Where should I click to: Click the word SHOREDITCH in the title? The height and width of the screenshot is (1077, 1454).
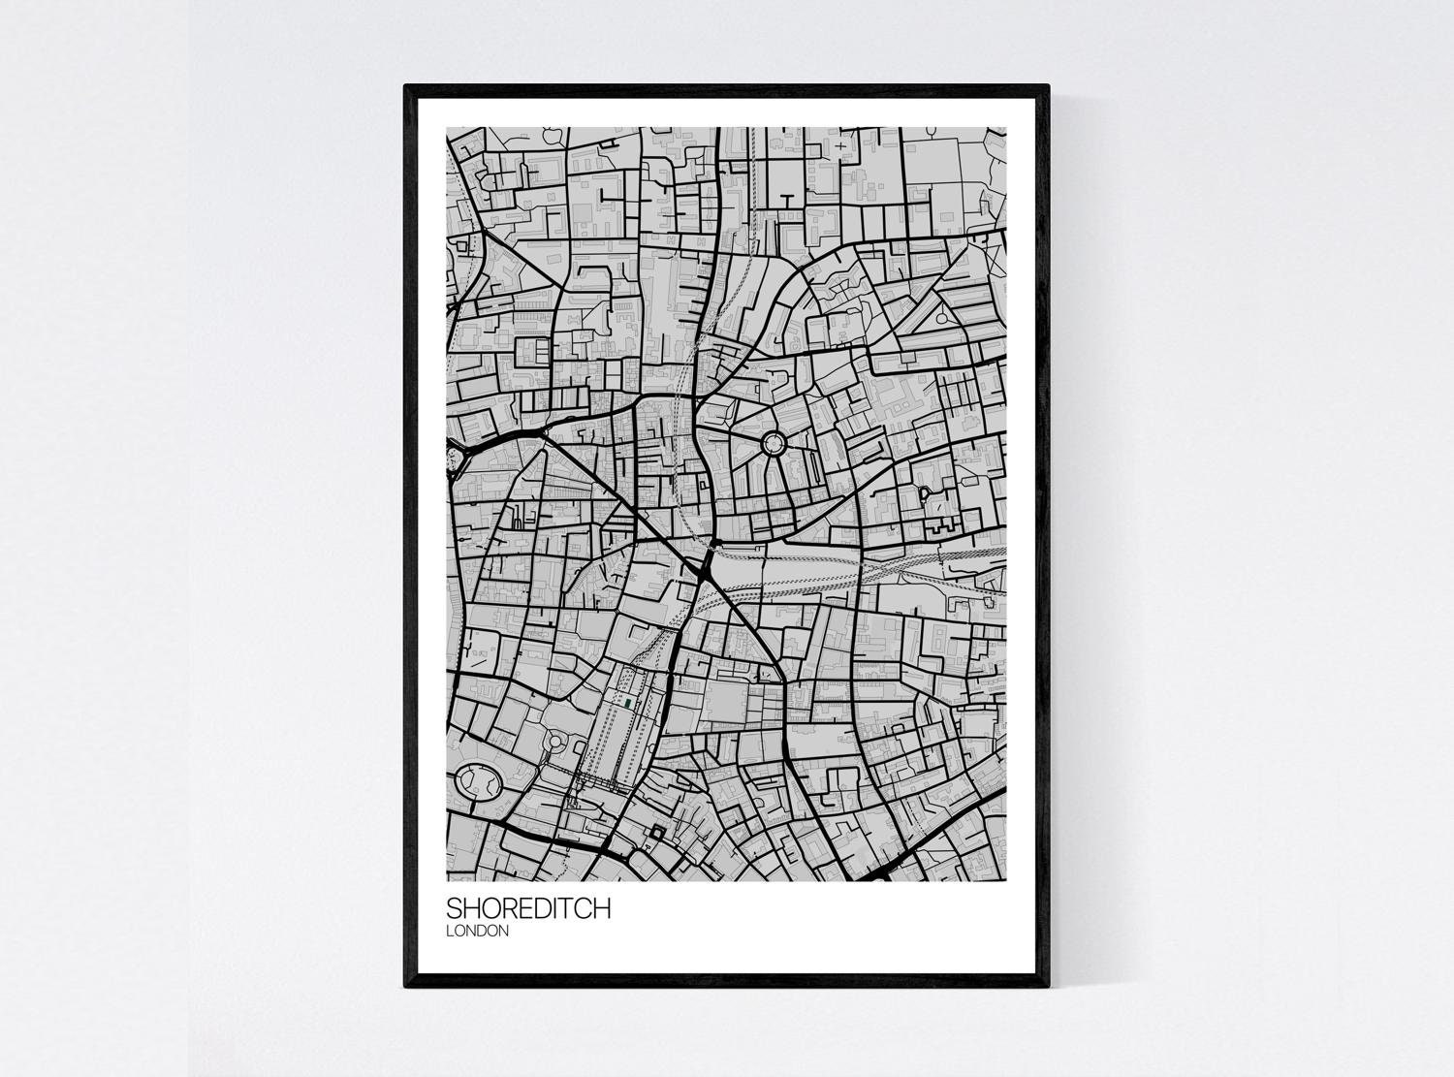pyautogui.click(x=528, y=909)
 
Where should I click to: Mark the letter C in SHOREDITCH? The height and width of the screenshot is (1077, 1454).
pyautogui.click(x=584, y=909)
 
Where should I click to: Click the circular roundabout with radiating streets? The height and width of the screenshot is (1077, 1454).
pyautogui.click(x=774, y=445)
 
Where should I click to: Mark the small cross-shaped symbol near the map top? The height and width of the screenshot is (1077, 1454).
pyautogui.click(x=838, y=146)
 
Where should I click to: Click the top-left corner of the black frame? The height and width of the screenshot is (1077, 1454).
pyautogui.click(x=407, y=87)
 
